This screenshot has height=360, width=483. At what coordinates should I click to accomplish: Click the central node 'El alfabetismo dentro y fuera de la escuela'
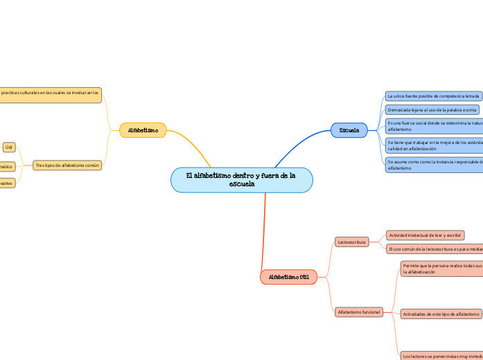pos(241,180)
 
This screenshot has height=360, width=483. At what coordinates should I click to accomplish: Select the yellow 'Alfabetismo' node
pos(143,130)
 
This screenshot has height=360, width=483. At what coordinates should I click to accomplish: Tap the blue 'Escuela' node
pos(349,130)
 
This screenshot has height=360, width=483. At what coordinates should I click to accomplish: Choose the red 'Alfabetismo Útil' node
pos(289,277)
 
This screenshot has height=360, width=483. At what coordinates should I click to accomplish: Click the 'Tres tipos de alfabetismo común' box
pos(67,165)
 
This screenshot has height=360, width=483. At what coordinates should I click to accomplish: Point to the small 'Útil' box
pos(9,147)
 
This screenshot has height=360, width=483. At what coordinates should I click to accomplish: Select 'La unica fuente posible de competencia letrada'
pos(433,96)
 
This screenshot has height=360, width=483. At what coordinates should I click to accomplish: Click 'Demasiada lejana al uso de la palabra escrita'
pos(432,109)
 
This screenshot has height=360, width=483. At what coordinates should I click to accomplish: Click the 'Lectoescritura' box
pos(351,242)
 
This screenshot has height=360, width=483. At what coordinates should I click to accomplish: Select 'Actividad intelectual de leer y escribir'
pos(425,235)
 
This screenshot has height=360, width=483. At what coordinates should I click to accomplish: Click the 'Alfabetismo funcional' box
pos(358,312)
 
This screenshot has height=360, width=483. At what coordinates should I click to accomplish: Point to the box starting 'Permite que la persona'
pos(441,269)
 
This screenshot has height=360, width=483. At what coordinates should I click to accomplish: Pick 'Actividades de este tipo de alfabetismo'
pos(441,314)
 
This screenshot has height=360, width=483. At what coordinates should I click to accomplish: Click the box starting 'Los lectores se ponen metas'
pos(441,356)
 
